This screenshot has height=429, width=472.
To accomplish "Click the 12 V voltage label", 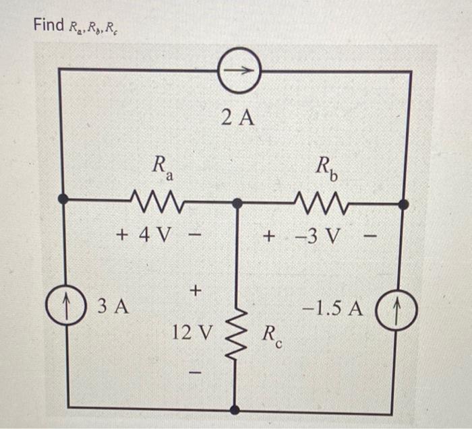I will click(191, 332).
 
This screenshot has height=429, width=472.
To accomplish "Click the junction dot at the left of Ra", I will click(62, 199).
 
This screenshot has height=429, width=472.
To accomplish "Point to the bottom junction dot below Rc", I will click(235, 409).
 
